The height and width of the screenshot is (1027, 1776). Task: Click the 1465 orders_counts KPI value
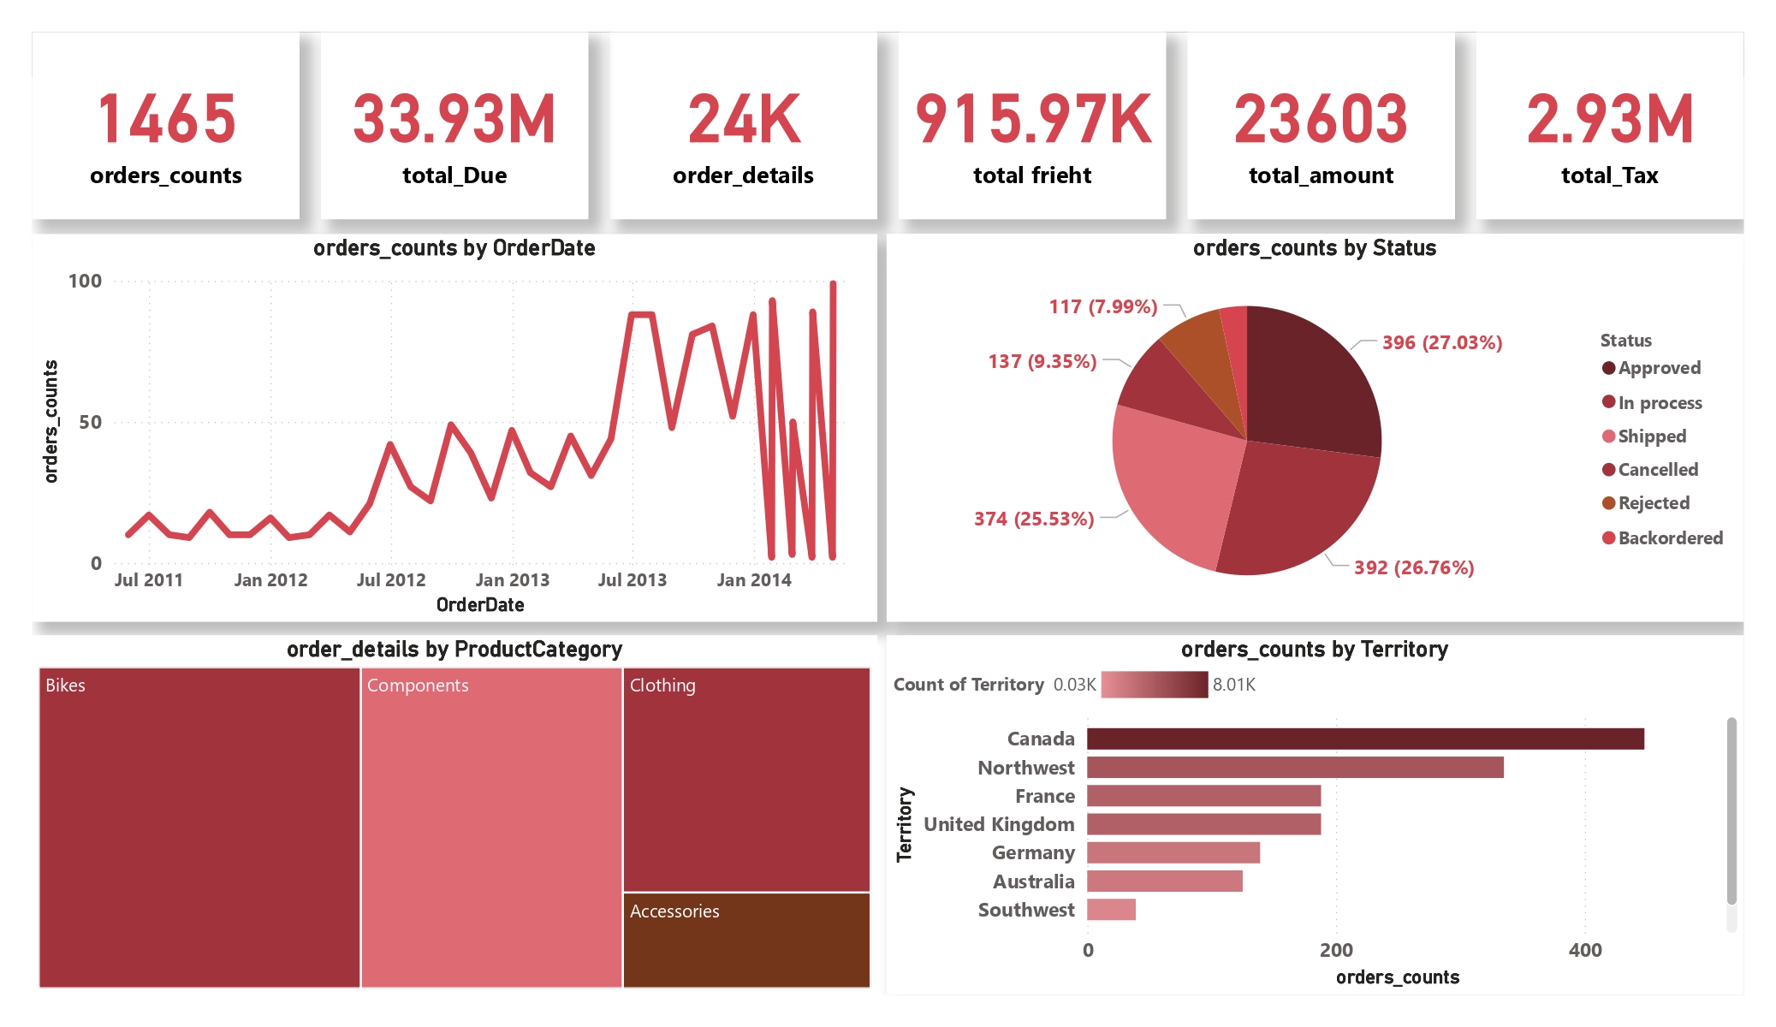coord(166,120)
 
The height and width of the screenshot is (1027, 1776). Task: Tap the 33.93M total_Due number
coord(454,120)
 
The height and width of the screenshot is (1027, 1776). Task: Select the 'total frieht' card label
coord(1031,175)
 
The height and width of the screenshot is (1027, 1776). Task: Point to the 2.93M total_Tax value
coord(1609,120)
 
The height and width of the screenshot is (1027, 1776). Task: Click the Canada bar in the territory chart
coord(1364,739)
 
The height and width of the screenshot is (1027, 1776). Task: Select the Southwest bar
coord(1111,910)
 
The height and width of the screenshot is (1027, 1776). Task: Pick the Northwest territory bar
coord(1294,768)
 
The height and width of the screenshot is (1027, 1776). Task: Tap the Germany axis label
coord(1032,853)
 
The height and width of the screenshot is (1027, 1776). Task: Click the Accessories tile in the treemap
coord(745,940)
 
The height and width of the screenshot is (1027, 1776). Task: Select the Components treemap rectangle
coord(491,828)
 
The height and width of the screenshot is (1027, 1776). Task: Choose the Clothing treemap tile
coord(745,779)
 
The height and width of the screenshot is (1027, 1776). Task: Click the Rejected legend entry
coord(1653,503)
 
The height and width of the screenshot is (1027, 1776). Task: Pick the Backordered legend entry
coord(1669,538)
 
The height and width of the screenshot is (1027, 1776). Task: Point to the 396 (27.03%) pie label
coord(1441,343)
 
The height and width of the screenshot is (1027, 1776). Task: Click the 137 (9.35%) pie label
coord(1042,362)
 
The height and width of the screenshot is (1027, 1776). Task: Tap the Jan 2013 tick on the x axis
coord(512,580)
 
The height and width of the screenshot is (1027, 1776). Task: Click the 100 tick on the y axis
coord(85,282)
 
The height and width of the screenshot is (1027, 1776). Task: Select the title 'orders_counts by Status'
coord(1314,248)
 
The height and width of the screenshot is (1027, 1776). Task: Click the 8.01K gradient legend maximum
coord(1233,685)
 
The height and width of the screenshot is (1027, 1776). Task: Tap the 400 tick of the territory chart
coord(1584,950)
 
